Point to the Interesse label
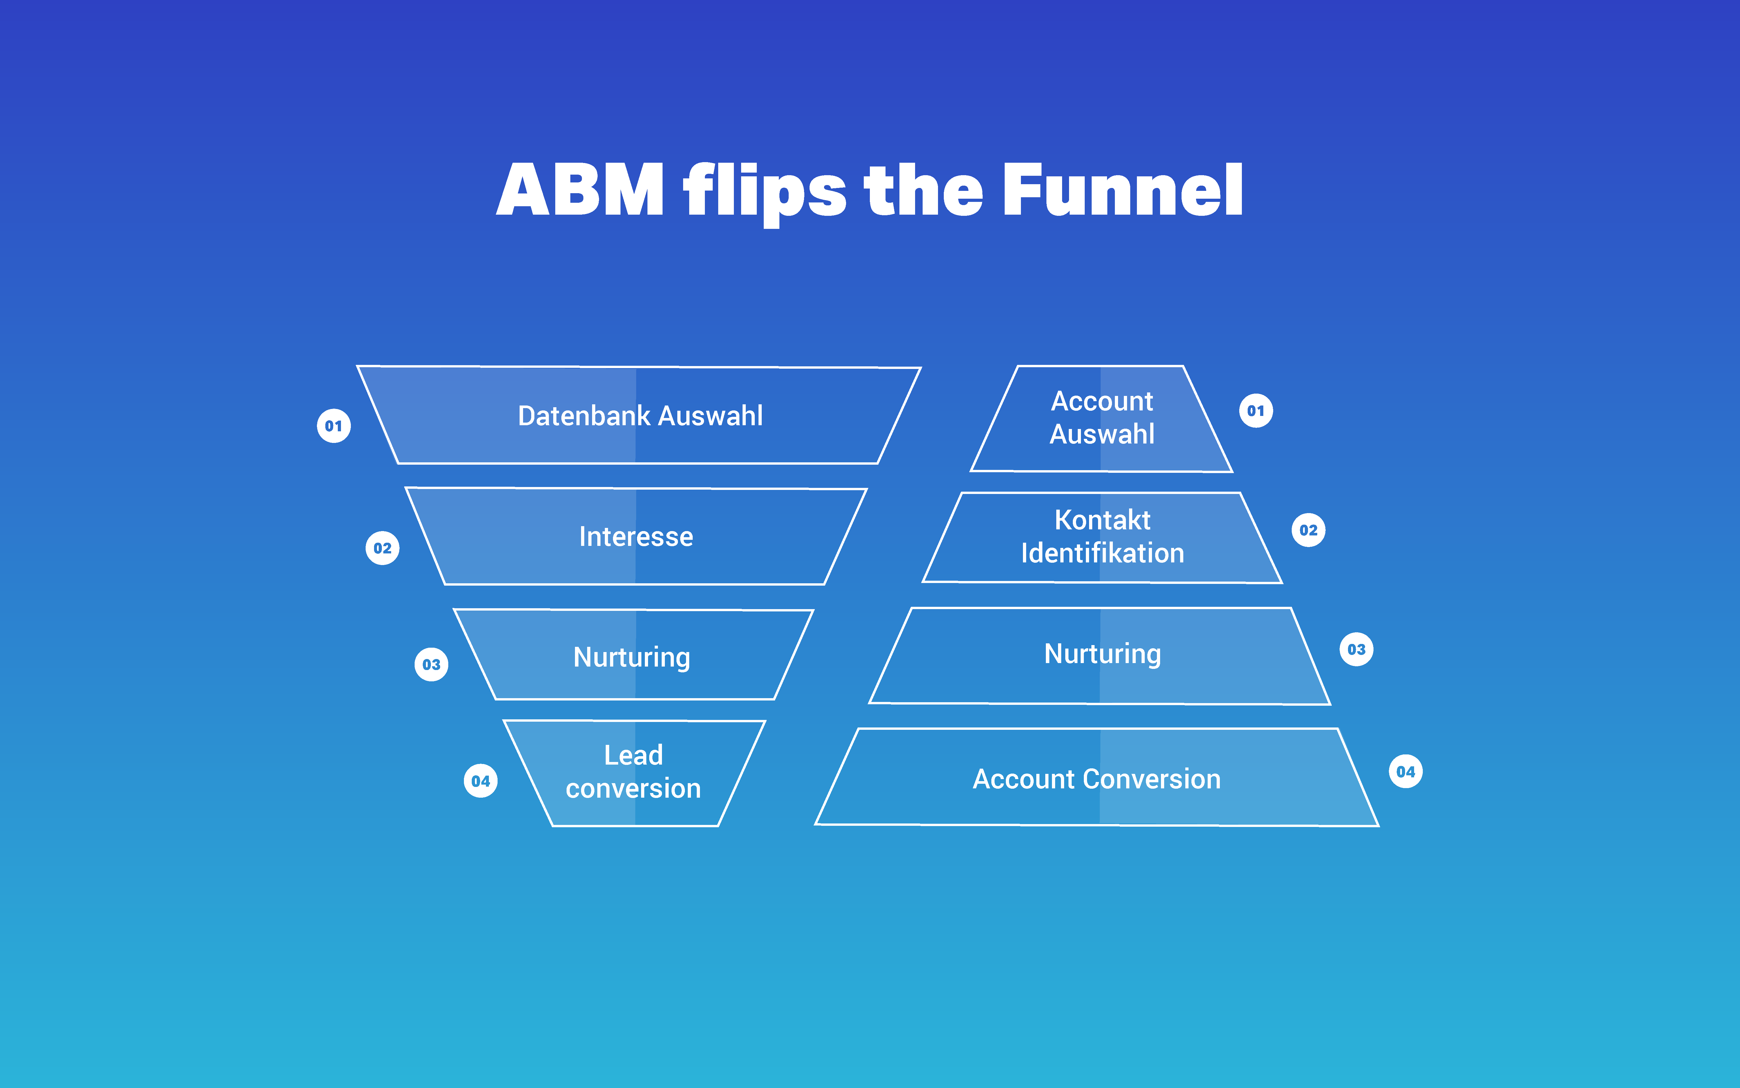636,537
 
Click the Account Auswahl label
1102,417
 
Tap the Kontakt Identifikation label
1102,536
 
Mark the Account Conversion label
1096,779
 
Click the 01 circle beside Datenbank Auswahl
334,426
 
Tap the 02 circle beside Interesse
383,548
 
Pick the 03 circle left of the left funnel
431,664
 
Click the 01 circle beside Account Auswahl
1256,411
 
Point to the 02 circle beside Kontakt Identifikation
1309,530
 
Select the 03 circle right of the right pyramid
1357,650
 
